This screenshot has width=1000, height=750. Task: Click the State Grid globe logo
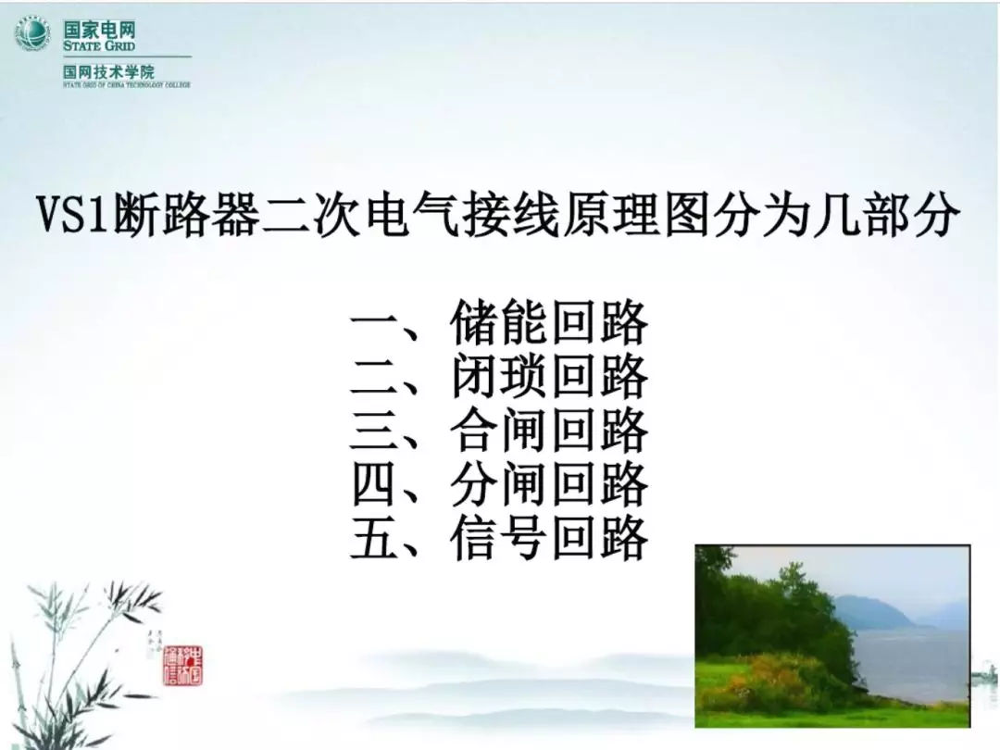31,35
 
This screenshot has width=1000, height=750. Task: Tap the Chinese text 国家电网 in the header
99,28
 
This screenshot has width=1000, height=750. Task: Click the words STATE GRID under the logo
99,45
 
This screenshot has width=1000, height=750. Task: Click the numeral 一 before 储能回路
375,325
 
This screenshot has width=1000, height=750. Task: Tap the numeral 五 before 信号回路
375,539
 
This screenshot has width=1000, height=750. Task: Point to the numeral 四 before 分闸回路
375,485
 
